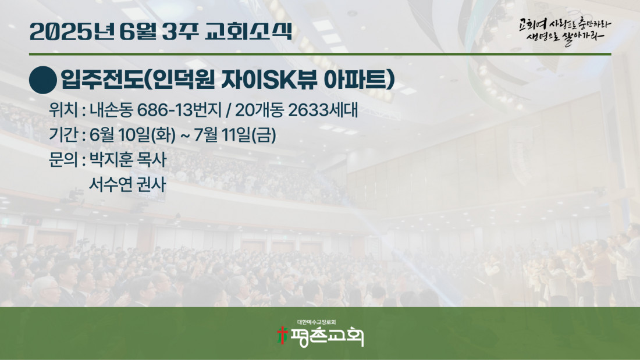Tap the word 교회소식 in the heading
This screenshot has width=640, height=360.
click(x=248, y=31)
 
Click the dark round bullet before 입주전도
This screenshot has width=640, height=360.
click(x=43, y=80)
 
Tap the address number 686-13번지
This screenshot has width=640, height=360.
click(x=179, y=110)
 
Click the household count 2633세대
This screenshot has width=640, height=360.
click(x=323, y=110)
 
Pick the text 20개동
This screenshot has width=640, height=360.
click(x=259, y=110)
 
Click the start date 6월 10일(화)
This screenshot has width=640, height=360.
click(x=133, y=135)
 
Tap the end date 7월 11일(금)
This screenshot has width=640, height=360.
click(x=234, y=135)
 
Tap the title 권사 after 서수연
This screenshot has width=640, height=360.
click(x=151, y=184)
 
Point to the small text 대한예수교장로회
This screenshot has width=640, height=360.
click(x=317, y=322)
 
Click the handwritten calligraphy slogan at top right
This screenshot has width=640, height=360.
click(x=565, y=31)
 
